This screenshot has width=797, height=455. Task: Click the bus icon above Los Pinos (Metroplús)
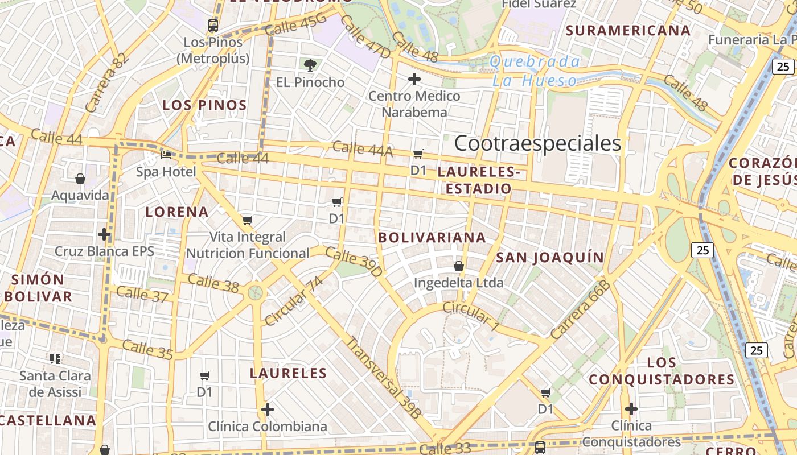pyautogui.click(x=213, y=25)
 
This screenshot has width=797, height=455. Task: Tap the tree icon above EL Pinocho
pyautogui.click(x=310, y=65)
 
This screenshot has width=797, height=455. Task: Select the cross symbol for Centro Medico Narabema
pyautogui.click(x=414, y=78)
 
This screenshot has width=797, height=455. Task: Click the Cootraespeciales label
pyautogui.click(x=537, y=143)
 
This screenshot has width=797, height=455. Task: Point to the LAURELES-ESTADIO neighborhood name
pyautogui.click(x=479, y=180)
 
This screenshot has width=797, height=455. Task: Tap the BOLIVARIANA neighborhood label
pyautogui.click(x=432, y=238)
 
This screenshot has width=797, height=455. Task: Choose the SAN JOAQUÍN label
pyautogui.click(x=550, y=258)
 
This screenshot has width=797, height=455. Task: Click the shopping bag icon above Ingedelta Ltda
pyautogui.click(x=459, y=266)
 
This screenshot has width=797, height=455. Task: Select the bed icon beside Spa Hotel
pyautogui.click(x=166, y=155)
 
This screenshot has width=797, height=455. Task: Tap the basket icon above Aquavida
pyautogui.click(x=80, y=179)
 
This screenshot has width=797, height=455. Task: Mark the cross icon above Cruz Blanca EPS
pyautogui.click(x=104, y=234)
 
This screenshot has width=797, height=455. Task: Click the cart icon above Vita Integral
pyautogui.click(x=247, y=220)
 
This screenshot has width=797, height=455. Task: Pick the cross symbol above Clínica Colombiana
pyautogui.click(x=268, y=409)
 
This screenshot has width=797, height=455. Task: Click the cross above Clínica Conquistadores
pyautogui.click(x=631, y=408)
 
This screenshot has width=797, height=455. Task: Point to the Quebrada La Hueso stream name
pyautogui.click(x=535, y=71)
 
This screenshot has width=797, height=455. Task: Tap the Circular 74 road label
pyautogui.click(x=294, y=301)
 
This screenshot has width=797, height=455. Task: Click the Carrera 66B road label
pyautogui.click(x=581, y=311)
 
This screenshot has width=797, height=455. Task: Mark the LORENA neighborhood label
pyautogui.click(x=176, y=212)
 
